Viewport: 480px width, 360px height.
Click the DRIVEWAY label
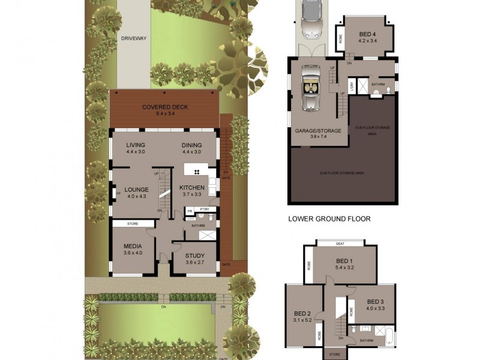(134, 38)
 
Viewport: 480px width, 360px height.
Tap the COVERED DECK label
(165, 107)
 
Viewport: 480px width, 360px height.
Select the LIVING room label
(137, 145)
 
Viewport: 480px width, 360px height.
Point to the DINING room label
(191, 145)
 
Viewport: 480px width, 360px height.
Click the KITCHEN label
(192, 188)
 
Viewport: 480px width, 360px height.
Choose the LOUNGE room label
(136, 190)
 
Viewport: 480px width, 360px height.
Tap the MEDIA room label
(133, 246)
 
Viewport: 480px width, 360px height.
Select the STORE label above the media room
(133, 224)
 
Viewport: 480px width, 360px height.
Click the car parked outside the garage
(311, 18)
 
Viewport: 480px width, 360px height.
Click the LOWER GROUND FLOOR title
(329, 219)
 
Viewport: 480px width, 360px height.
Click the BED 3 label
(375, 301)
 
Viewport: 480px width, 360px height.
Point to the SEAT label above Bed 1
(340, 243)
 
